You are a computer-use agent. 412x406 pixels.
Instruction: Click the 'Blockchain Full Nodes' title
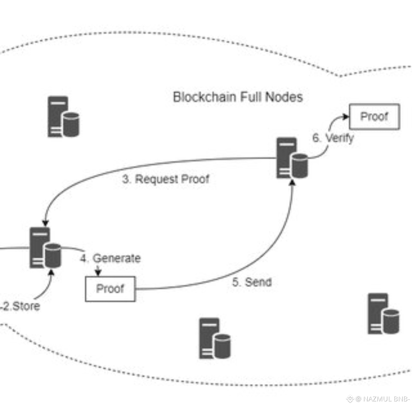(238, 97)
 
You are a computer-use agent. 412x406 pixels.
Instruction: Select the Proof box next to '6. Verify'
(374, 117)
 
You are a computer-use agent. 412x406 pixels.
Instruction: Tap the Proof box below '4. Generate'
(110, 289)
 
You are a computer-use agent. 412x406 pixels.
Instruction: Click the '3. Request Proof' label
(166, 179)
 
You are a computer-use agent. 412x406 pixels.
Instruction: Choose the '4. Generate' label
(110, 258)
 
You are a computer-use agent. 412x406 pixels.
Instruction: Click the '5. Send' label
(251, 282)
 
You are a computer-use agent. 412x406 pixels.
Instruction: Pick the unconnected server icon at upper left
(63, 117)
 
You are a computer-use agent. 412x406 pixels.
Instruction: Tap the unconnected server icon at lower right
(383, 314)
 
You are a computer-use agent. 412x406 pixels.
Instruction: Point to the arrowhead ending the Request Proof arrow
(45, 223)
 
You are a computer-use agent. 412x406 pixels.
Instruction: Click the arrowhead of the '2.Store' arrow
(51, 271)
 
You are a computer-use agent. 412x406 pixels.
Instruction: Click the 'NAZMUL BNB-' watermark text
(386, 399)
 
